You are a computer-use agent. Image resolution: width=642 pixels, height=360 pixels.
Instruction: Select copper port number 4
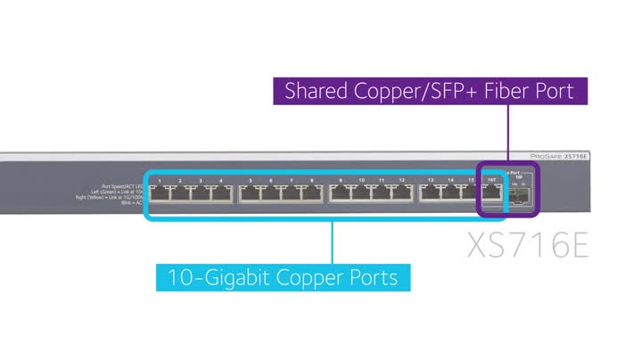pyautogui.click(x=221, y=194)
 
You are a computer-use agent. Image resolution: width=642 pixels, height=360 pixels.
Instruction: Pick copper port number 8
pyautogui.click(x=312, y=194)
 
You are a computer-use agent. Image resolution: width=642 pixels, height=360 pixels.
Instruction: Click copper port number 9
pyautogui.click(x=342, y=194)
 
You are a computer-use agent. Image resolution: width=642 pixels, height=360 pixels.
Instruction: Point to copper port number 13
pyautogui.click(x=432, y=194)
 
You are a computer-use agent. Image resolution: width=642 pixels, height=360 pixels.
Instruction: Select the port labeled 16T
pyautogui.click(x=491, y=194)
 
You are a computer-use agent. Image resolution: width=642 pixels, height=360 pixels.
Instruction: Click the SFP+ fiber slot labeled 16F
pyautogui.click(x=523, y=193)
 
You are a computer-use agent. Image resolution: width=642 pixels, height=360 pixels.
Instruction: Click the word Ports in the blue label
pyautogui.click(x=371, y=277)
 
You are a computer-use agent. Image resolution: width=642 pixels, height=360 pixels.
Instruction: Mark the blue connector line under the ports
pyautogui.click(x=333, y=241)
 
